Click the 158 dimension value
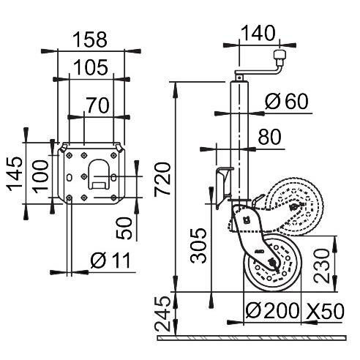91,39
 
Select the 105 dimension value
91,67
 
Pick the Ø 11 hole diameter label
109,260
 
